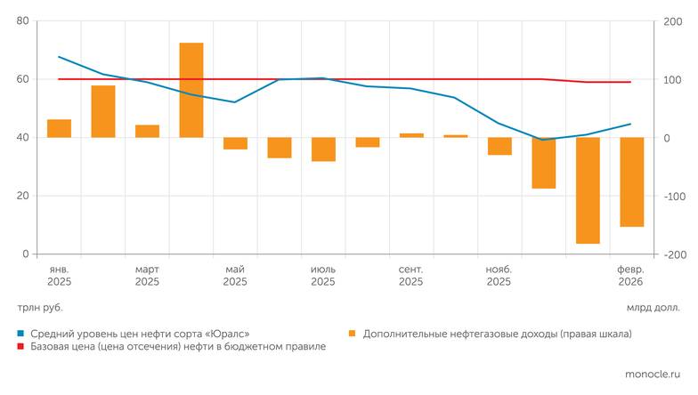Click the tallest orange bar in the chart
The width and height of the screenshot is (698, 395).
[x=191, y=90]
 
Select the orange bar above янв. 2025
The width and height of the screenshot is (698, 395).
[x=59, y=128]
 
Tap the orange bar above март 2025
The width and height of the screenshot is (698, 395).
[x=147, y=131]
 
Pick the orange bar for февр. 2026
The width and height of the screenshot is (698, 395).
[x=632, y=181]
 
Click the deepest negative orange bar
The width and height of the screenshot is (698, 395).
[x=588, y=190]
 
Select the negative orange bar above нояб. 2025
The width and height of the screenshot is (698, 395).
[x=499, y=146]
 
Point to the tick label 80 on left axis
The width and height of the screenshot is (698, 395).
[x=22, y=21]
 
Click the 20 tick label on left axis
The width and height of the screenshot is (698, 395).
[x=22, y=196]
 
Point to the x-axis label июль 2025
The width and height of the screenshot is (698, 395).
[x=323, y=275]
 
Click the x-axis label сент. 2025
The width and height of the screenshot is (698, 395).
[x=410, y=275]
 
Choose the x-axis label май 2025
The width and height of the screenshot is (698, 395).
[x=235, y=275]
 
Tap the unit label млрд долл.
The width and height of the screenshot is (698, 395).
[x=653, y=308]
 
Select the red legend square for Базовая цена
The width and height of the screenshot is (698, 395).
[x=21, y=347]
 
